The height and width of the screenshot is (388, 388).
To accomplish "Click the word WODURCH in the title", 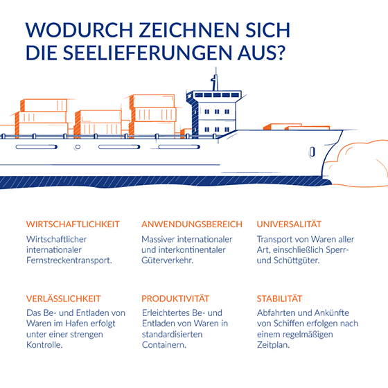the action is tap(80, 30).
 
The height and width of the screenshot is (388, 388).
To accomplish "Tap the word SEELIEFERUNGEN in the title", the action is tap(148, 53).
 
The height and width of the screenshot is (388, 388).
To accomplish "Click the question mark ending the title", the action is tap(281, 53).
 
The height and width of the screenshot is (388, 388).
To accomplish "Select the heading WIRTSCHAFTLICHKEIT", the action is tap(73, 224).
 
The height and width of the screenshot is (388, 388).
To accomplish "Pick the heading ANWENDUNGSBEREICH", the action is tap(192, 224).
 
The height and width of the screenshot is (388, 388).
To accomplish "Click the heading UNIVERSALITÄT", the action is tap(289, 224).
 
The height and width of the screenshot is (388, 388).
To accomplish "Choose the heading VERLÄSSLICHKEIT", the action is tap(63, 298).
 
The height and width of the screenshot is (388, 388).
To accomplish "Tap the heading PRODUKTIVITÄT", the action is tap(175, 298).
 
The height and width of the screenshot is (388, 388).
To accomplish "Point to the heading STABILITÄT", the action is tap(279, 298).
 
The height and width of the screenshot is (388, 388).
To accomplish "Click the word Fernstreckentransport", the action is tap(69, 261).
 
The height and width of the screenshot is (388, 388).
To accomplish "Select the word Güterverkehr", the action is tap(168, 261).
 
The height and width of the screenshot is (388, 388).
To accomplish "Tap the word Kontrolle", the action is tap(44, 345).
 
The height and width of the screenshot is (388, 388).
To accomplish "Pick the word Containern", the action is tap(164, 345).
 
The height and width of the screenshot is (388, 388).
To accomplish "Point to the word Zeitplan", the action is tap(273, 345).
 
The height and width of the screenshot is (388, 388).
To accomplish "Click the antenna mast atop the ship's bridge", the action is tap(215, 79).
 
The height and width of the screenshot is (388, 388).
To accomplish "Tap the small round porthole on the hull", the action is tap(78, 147).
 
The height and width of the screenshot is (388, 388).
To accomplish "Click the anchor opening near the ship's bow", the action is tap(312, 152).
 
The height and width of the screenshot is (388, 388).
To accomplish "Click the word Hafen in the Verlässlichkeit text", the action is tap(76, 324).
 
